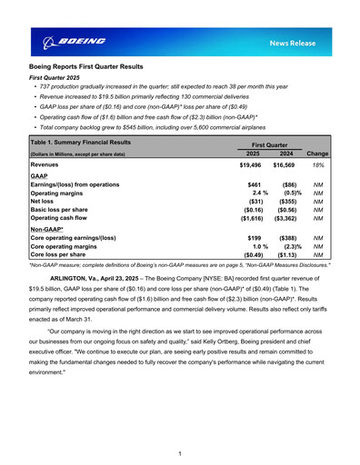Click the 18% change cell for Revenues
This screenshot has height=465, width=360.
click(x=319, y=166)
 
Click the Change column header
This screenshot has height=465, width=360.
click(x=318, y=154)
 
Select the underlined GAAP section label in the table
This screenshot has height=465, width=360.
click(x=39, y=176)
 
